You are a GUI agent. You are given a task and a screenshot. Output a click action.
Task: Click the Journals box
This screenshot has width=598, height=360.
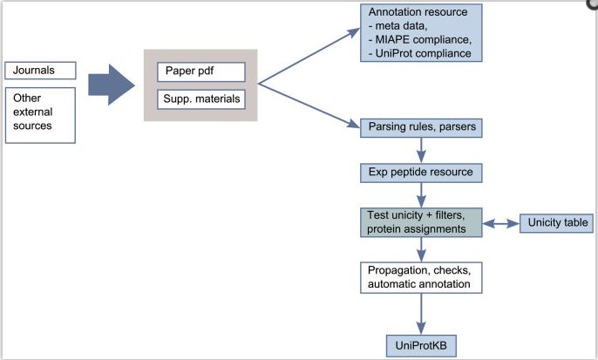coord(41,71)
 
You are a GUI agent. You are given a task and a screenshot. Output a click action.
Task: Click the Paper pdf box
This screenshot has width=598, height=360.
coord(200,71)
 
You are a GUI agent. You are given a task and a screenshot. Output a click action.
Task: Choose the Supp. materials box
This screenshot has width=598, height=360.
coord(200,98)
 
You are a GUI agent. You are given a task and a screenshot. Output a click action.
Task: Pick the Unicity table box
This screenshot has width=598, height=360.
coord(557,222)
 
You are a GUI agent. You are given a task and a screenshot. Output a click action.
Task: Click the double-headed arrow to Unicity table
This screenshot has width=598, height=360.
coord(500,223)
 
